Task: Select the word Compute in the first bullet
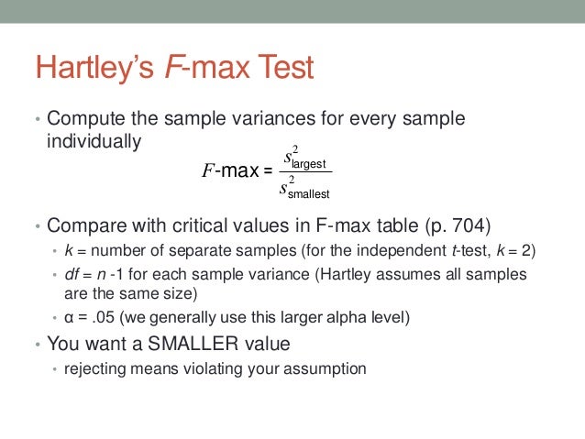point(85,120)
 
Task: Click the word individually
point(94,142)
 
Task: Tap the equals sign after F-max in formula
point(268,170)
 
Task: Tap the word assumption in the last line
point(326,369)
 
